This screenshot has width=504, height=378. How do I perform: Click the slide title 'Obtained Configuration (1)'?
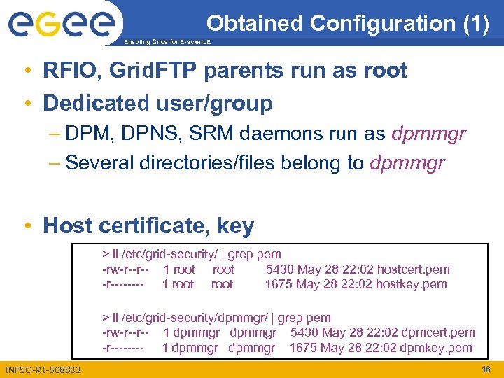[x=348, y=24]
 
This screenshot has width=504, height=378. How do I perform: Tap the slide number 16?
[x=486, y=369]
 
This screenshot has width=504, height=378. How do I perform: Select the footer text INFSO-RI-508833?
[x=42, y=370]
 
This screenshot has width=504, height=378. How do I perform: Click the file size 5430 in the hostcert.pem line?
[x=280, y=269]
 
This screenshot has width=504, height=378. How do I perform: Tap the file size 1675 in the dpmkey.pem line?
[x=303, y=348]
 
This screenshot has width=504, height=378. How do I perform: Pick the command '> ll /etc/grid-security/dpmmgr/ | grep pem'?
[x=216, y=318]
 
